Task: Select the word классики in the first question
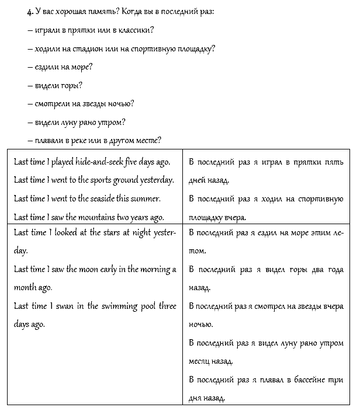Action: (140, 30)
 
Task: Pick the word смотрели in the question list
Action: (54, 104)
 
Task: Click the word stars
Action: (110, 232)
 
